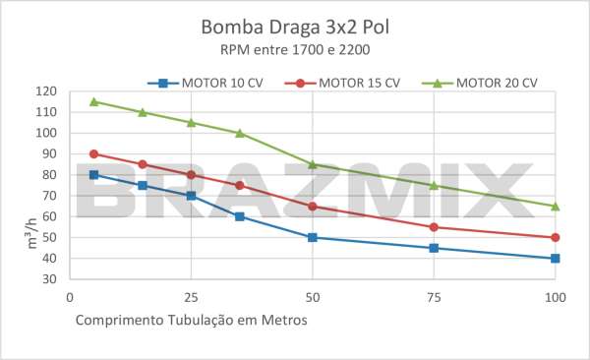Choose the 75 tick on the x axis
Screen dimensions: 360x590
pos(434,296)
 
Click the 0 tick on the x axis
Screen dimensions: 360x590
pos(69,296)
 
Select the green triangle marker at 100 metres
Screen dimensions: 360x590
pos(556,207)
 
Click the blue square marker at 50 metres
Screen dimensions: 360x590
pos(313,237)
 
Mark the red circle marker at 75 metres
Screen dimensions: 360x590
pos(434,227)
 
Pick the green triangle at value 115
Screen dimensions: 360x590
pos(93,101)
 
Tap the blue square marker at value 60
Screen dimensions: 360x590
pos(239,216)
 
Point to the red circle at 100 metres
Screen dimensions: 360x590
pos(556,237)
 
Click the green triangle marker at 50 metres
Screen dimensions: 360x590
pos(313,164)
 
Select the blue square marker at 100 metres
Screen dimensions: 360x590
pos(556,259)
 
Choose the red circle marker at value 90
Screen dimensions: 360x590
pos(93,153)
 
